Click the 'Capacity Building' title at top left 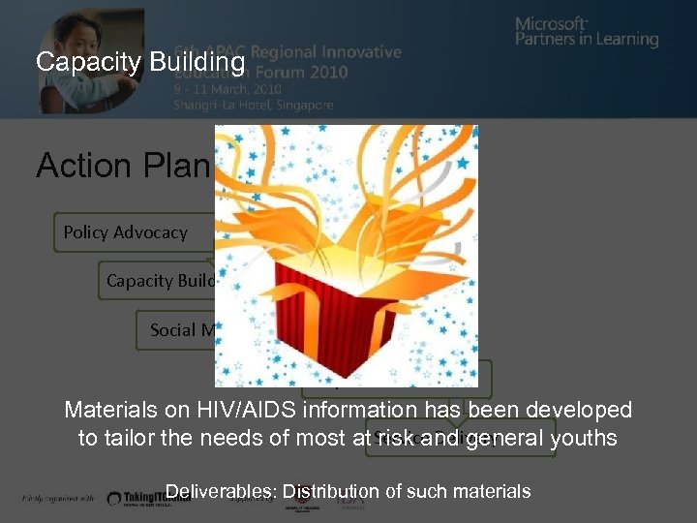coord(140,63)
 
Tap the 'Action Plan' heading coord(123,166)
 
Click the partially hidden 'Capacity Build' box coord(160,281)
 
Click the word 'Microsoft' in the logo coord(551,23)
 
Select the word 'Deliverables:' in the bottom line coord(221,492)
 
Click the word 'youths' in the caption coord(585,438)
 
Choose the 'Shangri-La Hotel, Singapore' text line coord(254,105)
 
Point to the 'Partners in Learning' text coord(587,41)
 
